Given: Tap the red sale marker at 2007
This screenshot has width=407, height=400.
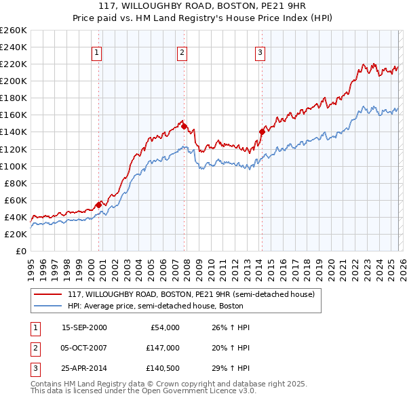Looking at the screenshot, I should (x=184, y=125).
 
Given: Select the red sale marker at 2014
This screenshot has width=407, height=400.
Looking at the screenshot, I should (x=262, y=132).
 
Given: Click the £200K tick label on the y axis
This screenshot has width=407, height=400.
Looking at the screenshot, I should (x=13, y=81).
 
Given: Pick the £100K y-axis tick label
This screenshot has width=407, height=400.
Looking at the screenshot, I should (x=13, y=166).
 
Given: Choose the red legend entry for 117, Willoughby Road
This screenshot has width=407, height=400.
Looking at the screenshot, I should (x=191, y=295).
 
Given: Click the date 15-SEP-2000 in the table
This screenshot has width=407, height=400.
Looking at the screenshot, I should (x=84, y=327).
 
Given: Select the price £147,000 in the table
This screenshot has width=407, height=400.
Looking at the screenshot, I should (x=162, y=348).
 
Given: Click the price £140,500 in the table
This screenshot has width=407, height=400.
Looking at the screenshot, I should (x=162, y=369).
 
